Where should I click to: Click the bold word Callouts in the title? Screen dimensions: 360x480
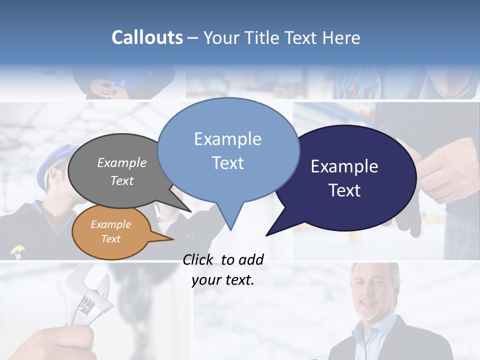point(147,37)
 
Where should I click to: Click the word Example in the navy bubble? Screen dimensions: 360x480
point(344,166)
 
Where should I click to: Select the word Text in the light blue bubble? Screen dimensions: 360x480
point(227,163)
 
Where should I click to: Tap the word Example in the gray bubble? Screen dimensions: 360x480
point(121,162)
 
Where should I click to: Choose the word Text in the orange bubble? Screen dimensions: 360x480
point(110,239)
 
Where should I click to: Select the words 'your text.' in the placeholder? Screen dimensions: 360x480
point(222,280)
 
